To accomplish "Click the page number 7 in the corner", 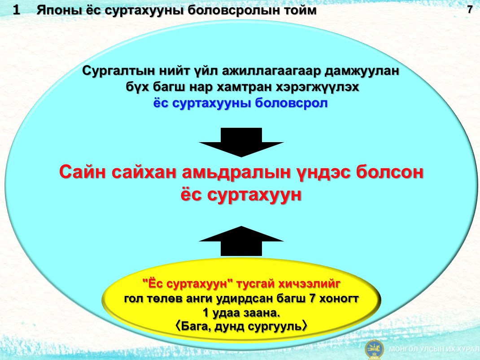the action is coord(470,10).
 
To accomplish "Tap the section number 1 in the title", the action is coord(16,10).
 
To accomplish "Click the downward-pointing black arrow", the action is coord(241,142).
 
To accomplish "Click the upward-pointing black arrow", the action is coord(241,241).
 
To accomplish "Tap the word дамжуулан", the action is coord(362,71).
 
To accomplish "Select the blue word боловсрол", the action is coord(291,104).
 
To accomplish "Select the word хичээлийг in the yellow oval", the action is coord(309,284).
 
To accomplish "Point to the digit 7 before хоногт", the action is coord(313,298).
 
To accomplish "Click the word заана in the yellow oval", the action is coord(262,313).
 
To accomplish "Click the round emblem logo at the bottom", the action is coord(374,349).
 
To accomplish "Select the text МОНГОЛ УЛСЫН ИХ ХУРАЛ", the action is coord(434,349).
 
